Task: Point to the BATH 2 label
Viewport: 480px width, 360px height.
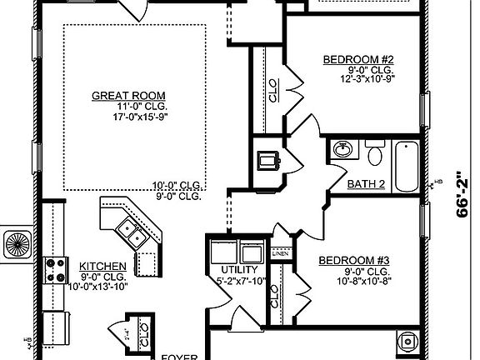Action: (365, 182)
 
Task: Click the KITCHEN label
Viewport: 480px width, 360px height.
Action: (102, 266)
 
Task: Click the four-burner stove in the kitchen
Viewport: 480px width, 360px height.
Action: (56, 269)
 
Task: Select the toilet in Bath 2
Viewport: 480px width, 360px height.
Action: (374, 154)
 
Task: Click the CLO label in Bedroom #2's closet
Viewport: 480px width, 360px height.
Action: (274, 92)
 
